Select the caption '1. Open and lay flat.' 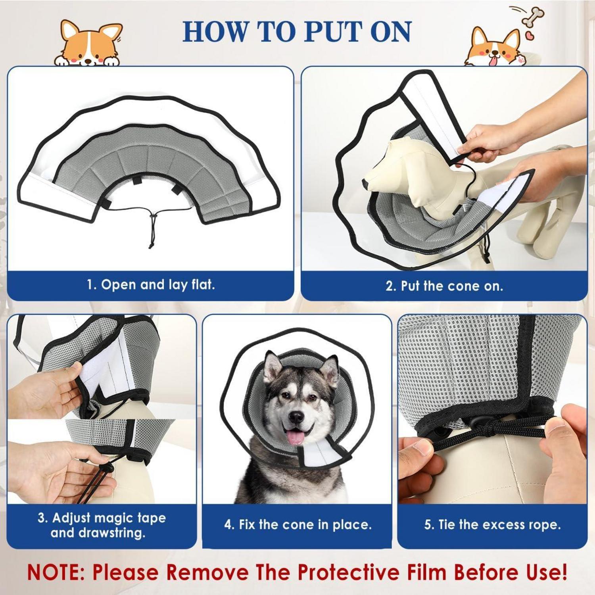(151, 284)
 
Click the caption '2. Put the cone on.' (444, 286)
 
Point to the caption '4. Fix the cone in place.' (298, 524)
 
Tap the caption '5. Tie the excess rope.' (492, 524)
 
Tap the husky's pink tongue (294, 436)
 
